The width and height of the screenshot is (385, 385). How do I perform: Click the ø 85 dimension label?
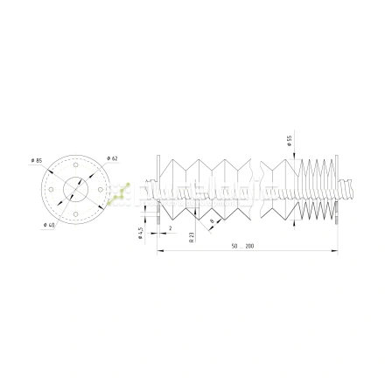pos(36,160)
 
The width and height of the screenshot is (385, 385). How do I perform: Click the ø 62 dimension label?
pos(113,157)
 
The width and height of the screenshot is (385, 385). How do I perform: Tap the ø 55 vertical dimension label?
pos(289,140)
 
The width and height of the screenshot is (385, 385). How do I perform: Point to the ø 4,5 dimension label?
pos(140,233)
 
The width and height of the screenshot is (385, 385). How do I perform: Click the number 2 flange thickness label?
pos(170,227)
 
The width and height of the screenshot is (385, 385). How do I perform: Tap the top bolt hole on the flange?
pos(75,164)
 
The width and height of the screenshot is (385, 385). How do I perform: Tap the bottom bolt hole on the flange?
pos(75,213)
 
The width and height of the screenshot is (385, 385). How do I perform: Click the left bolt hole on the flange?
pos(52,189)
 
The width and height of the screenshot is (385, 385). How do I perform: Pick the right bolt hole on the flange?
pos(100,189)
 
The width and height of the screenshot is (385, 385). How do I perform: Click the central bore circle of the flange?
pos(75,189)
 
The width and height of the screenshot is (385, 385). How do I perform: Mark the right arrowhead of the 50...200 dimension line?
pos(335,252)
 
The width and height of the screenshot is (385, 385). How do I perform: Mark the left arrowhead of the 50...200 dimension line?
pos(160,252)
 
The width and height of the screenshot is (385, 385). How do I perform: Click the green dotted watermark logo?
pos(117,194)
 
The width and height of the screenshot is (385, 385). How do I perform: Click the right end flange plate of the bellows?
pos(336,189)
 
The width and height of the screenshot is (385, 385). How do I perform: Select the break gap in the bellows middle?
pos(259,189)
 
